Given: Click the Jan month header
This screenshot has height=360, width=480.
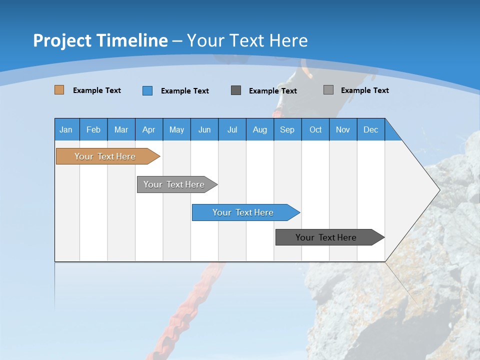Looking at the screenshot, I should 66,130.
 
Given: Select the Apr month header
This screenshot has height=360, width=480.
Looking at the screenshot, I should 148,130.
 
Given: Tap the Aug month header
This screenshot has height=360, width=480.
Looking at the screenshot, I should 259,130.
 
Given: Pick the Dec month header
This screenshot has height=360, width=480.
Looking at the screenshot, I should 370,130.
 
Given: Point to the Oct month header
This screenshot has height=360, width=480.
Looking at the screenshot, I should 315,130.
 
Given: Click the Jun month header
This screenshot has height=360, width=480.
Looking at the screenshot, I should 204,130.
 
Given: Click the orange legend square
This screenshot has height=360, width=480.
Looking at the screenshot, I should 59,90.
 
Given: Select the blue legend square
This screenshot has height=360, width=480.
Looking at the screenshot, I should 147,90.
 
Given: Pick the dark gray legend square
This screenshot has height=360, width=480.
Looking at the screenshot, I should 236,90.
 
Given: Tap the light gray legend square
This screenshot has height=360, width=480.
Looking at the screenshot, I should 328,90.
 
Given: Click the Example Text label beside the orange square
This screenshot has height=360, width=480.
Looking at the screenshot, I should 97,90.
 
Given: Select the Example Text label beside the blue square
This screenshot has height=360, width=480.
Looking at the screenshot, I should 185,91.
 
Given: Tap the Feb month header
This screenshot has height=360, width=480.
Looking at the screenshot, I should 93,130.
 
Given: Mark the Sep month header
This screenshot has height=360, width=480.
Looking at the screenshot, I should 287,130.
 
